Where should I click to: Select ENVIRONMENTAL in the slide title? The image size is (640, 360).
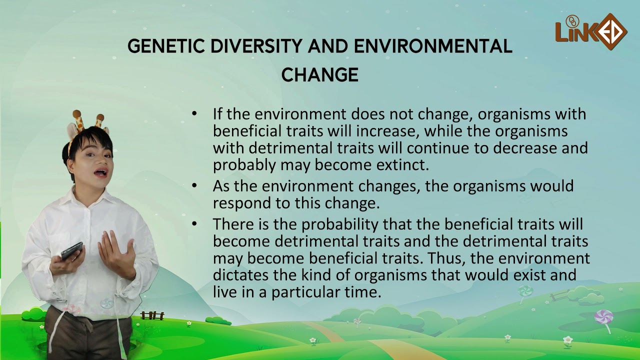tap(433, 46)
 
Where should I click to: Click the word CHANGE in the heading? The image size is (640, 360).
tap(320, 75)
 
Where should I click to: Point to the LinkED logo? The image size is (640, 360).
tap(591, 32)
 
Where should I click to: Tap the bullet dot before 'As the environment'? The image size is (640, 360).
tap(194, 185)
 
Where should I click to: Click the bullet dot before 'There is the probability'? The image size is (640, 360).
tap(194, 224)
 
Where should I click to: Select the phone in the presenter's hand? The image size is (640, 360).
tap(71, 250)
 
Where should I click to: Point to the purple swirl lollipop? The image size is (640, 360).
tap(603, 318)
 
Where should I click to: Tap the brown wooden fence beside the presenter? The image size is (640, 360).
tap(152, 315)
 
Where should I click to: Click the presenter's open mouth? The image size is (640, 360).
tap(100, 173)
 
